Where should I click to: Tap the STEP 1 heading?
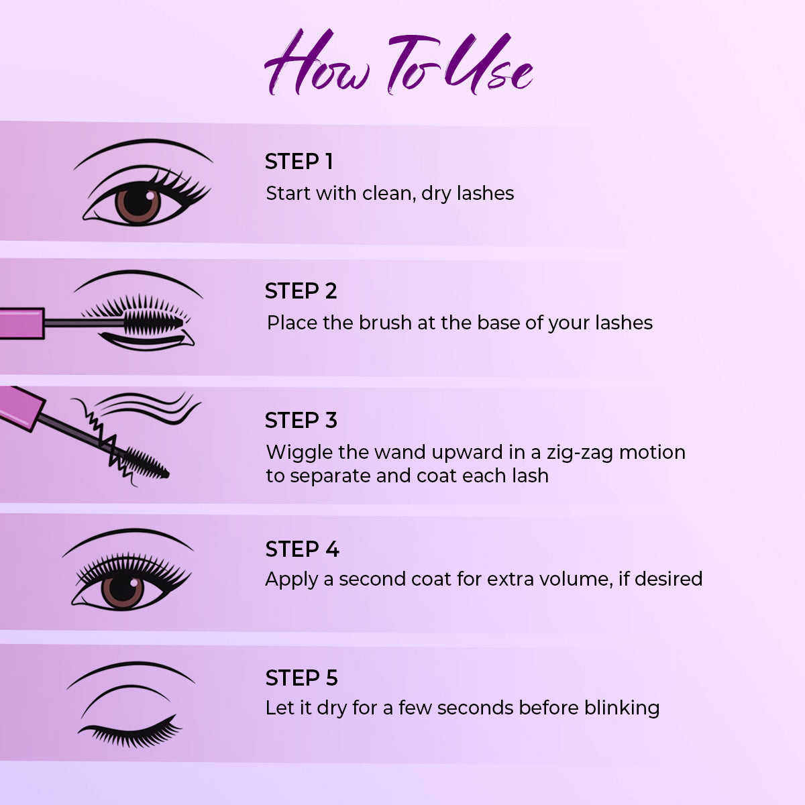click(299, 162)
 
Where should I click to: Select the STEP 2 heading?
click(301, 291)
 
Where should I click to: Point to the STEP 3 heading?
click(301, 421)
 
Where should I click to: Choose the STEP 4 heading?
click(302, 549)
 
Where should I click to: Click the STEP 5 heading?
click(301, 678)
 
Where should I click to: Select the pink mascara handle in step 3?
click(20, 405)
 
